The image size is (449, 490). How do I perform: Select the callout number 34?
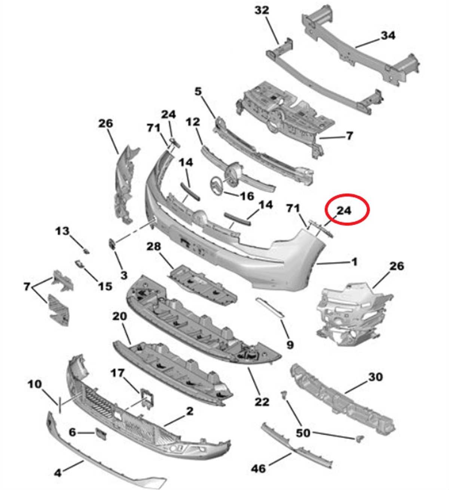[x=388, y=36]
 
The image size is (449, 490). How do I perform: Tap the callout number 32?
[x=262, y=10]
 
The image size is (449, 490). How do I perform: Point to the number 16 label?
[x=247, y=196]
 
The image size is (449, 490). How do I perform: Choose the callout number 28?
[x=153, y=246]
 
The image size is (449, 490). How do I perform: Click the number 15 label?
[x=105, y=286]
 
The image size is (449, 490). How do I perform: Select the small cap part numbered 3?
[x=112, y=244]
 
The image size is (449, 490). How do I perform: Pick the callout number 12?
[x=193, y=122]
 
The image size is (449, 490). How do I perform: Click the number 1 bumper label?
[x=354, y=262]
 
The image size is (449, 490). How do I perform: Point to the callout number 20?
[x=119, y=316]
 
